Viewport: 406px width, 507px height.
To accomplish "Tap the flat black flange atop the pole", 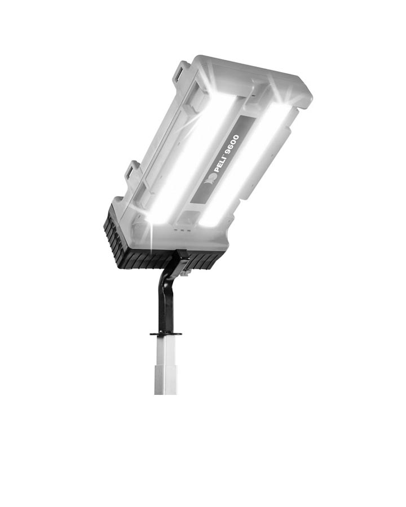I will pyautogui.click(x=166, y=334).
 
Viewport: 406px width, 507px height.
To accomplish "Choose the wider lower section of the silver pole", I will pyautogui.click(x=166, y=380).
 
